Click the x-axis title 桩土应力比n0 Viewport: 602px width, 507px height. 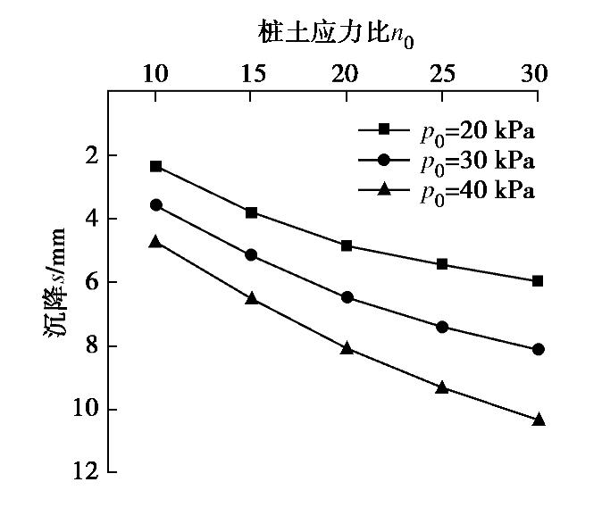tap(337, 33)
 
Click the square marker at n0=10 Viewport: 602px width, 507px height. tap(156, 166)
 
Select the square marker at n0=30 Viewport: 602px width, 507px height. tap(538, 280)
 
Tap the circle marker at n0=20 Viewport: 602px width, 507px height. tap(347, 297)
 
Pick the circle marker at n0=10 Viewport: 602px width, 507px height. tap(156, 204)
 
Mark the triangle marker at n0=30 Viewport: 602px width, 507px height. tap(538, 419)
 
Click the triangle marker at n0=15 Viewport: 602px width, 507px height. tap(252, 297)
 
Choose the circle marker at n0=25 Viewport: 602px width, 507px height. tap(442, 327)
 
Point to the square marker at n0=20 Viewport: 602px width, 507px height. tap(347, 245)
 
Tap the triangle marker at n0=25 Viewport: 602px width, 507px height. tap(442, 386)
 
